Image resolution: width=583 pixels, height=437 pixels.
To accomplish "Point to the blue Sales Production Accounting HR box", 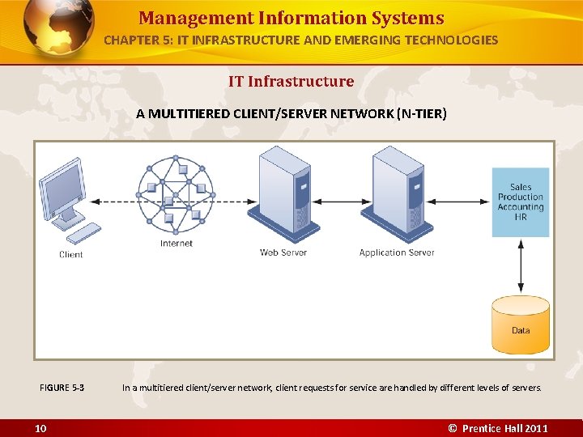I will coord(521,202).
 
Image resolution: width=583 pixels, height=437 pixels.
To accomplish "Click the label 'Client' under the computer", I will coord(71,255).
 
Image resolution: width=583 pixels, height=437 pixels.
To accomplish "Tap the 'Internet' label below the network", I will coord(177,244).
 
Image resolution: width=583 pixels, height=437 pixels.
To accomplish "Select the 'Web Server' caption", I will coord(284,252).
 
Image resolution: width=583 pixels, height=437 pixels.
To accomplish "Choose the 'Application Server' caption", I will coord(397,252).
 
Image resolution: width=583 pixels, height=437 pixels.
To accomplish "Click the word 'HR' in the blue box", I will coord(521,217).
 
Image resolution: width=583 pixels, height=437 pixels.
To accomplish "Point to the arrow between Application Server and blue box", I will coord(462,202).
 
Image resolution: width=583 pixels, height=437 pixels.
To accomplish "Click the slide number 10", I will coord(40,428).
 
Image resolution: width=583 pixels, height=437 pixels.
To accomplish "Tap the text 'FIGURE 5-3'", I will coord(62,388).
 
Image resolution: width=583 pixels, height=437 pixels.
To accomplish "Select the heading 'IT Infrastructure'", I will coord(291,81).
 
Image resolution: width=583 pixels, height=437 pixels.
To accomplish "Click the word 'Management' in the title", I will coord(196,18).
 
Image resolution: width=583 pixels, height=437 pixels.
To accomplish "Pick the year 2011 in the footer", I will coord(534,428).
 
